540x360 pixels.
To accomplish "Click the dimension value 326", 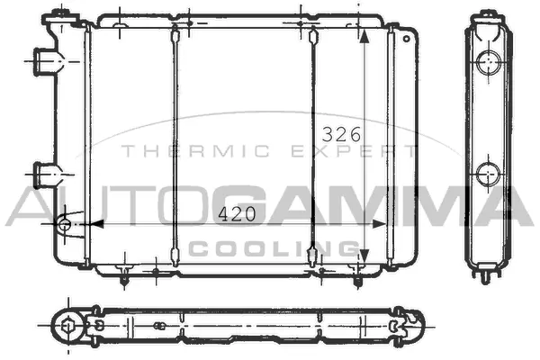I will (342, 134).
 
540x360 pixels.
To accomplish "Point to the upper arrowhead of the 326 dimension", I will (364, 39).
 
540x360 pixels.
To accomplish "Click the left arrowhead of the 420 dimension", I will (97, 223).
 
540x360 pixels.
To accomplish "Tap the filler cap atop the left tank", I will (60, 14).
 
